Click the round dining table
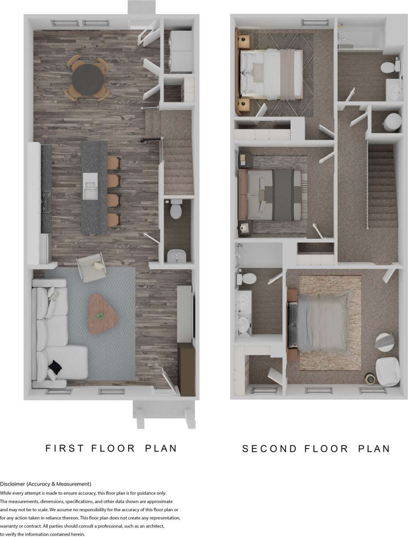pos(88,80)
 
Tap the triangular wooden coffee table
pos(103,313)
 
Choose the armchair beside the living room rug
pos(92,268)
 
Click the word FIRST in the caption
pos(65,448)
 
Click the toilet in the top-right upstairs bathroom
pos(388,68)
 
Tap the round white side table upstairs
pos(385,341)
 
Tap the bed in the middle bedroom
pos(273,195)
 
